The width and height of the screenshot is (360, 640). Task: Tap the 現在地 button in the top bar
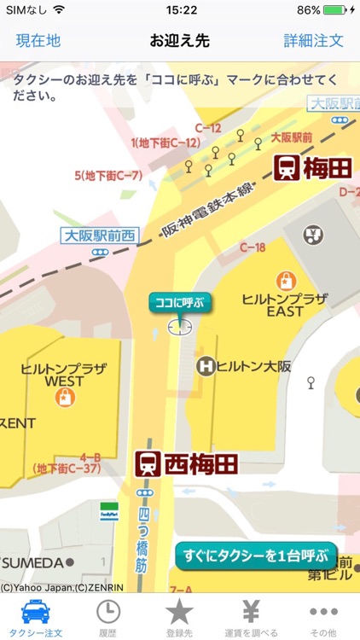click(x=38, y=41)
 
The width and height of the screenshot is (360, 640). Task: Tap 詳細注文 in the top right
click(x=314, y=41)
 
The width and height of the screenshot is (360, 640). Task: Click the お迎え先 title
click(x=179, y=41)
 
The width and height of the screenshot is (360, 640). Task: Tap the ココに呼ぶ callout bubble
click(x=179, y=302)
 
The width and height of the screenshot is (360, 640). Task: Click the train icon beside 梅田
click(x=286, y=168)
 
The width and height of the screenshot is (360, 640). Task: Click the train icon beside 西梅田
click(x=148, y=465)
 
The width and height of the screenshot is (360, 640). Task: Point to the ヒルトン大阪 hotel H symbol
click(x=205, y=366)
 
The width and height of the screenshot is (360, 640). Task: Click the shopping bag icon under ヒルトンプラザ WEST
click(x=64, y=396)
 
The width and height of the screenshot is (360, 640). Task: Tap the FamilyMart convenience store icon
click(x=108, y=511)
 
